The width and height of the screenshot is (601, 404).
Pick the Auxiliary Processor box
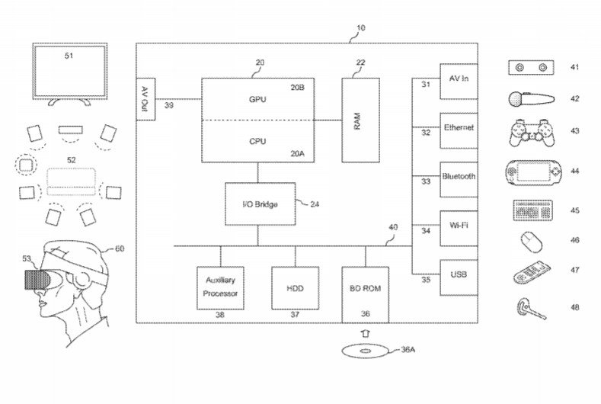pyautogui.click(x=221, y=287)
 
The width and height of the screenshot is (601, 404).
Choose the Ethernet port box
pyautogui.click(x=459, y=129)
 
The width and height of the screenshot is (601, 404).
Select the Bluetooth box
pyautogui.click(x=459, y=177)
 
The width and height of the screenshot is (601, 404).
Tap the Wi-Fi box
pyautogui.click(x=459, y=226)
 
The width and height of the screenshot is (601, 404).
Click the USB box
pyautogui.click(x=459, y=275)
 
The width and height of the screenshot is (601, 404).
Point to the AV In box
pyautogui.click(x=459, y=81)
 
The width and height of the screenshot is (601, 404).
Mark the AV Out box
pyautogui.click(x=145, y=99)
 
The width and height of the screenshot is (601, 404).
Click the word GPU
pyautogui.click(x=257, y=100)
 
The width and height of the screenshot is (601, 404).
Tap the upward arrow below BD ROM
pyautogui.click(x=365, y=332)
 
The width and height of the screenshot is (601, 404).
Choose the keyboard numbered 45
pyautogui.click(x=531, y=210)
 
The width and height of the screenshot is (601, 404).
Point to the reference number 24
pyautogui.click(x=315, y=204)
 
